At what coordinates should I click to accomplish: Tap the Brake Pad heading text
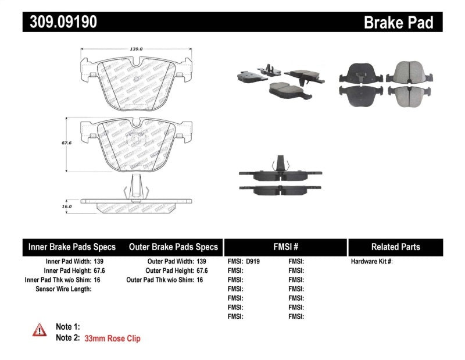[x=398, y=22]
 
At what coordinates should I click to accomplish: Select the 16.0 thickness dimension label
[x=67, y=206]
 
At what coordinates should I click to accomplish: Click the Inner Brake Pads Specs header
[x=72, y=247]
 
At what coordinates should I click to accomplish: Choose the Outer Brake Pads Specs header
[x=173, y=247]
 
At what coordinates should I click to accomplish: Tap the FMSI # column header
[x=285, y=247]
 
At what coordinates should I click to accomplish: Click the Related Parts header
[x=395, y=247]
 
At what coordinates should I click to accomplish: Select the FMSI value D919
[x=253, y=262]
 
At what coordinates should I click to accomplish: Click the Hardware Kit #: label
[x=371, y=262]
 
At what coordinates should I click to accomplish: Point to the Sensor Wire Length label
[x=63, y=289]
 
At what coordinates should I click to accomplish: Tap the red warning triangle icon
[x=39, y=330]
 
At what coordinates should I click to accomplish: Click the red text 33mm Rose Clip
[x=112, y=338]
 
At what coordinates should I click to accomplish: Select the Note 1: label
[x=67, y=327]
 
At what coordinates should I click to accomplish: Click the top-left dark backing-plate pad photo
[x=359, y=73]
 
